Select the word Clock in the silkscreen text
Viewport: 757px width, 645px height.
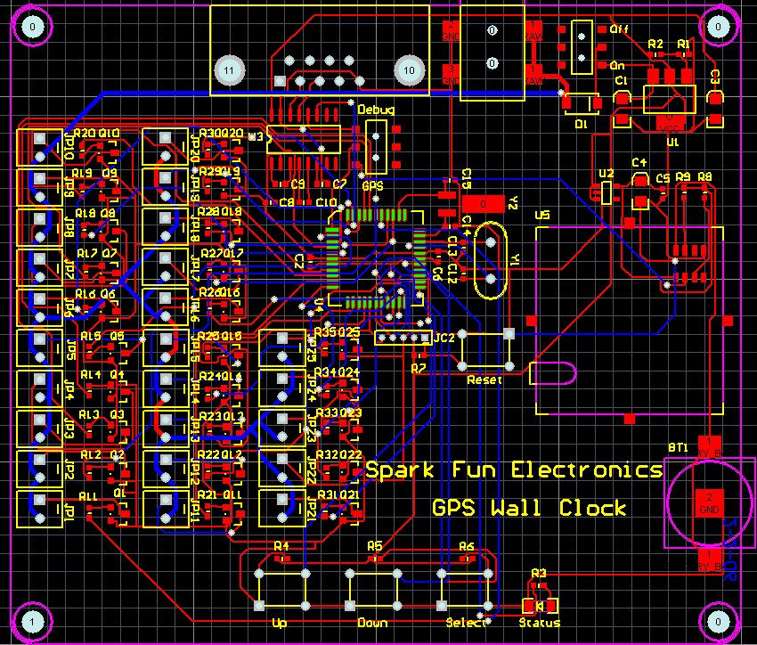tap(593, 509)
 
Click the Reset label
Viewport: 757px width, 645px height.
tap(484, 380)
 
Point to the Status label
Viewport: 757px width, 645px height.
tap(540, 622)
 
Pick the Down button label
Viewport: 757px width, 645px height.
tap(372, 622)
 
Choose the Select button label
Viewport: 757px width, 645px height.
tap(465, 622)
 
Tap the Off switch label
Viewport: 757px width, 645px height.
tap(619, 29)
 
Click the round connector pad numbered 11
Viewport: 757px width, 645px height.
tap(229, 69)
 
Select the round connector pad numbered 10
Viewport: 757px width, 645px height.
tap(410, 69)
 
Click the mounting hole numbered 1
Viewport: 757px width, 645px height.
tap(32, 620)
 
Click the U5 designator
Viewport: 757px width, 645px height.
tap(541, 216)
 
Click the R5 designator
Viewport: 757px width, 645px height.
tap(374, 545)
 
